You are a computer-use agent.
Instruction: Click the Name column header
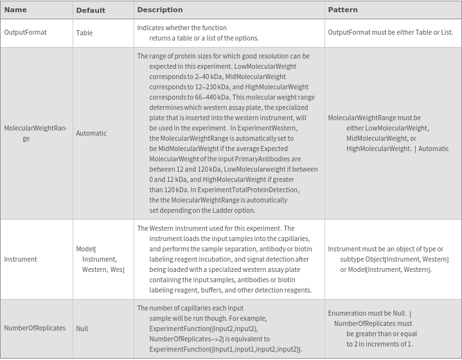[15, 10]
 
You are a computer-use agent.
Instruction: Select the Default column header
[91, 10]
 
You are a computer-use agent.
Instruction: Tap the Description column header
[160, 10]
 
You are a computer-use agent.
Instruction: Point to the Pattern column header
[342, 10]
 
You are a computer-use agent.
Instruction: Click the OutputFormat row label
[25, 32]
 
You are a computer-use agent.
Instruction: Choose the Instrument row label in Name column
[21, 259]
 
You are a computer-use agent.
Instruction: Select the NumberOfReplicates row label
[35, 328]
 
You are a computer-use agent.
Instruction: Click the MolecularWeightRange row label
[35, 133]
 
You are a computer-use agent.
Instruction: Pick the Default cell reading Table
[84, 33]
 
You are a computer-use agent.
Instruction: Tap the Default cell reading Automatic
[91, 133]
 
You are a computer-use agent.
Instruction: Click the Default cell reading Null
[82, 328]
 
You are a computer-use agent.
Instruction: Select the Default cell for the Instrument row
[100, 259]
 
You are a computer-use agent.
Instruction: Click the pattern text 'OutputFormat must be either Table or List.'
[390, 32]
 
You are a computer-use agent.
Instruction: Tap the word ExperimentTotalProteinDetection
[249, 190]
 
